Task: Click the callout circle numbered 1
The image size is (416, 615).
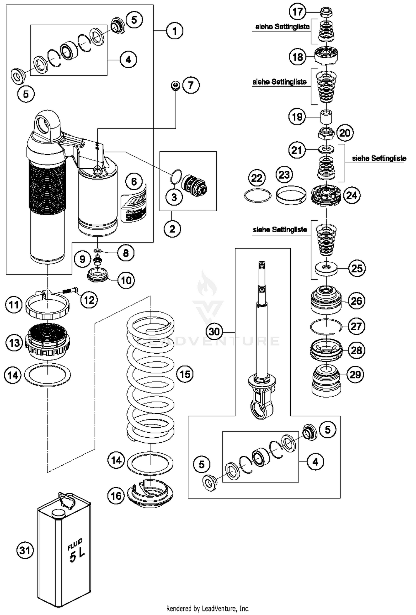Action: tap(174, 31)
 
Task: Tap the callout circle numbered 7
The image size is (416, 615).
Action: tap(191, 85)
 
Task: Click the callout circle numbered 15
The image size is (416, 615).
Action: tap(185, 374)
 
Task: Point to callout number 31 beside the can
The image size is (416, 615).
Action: tap(25, 550)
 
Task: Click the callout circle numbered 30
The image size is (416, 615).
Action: tap(214, 331)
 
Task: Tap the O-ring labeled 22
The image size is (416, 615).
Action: tap(258, 196)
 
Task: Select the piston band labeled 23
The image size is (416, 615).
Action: tap(291, 194)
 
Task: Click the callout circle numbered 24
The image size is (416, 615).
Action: tap(352, 195)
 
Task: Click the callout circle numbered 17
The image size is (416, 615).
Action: tap(298, 12)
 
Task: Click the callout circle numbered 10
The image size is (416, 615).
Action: tap(126, 280)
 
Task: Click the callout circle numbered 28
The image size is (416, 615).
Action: tap(356, 350)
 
